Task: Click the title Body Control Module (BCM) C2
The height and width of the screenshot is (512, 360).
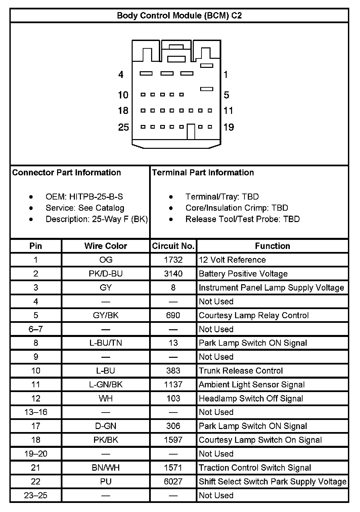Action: (x=179, y=15)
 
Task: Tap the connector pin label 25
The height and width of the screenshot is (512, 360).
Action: (x=123, y=127)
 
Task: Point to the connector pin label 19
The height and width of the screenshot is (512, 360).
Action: (x=229, y=127)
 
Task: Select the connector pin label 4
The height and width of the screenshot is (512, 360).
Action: (x=121, y=75)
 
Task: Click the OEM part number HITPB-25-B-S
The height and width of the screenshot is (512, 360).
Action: (x=96, y=197)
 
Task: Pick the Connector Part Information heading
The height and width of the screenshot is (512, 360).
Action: (x=66, y=173)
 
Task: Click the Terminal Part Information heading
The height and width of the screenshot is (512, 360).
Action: (x=203, y=173)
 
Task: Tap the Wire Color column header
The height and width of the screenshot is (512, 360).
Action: (x=105, y=246)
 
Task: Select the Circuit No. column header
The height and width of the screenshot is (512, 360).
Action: (x=173, y=246)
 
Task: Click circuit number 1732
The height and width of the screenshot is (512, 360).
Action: (x=173, y=260)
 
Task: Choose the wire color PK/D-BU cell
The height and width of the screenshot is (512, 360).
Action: (x=105, y=274)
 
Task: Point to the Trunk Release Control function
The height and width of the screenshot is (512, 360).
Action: (x=241, y=371)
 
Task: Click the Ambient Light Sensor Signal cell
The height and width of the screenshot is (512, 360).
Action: (x=252, y=385)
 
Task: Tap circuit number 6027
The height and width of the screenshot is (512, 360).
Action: (x=173, y=481)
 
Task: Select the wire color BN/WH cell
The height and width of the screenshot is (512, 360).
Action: (x=105, y=468)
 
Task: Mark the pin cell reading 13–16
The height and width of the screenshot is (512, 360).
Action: (x=36, y=412)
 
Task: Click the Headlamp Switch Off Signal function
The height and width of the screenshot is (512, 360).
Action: (x=251, y=398)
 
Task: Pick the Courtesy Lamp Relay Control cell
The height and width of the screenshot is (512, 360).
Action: (x=254, y=315)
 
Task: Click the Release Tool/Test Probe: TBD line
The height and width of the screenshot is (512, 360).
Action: (x=242, y=219)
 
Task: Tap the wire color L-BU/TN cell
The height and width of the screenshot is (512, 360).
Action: (x=105, y=343)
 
